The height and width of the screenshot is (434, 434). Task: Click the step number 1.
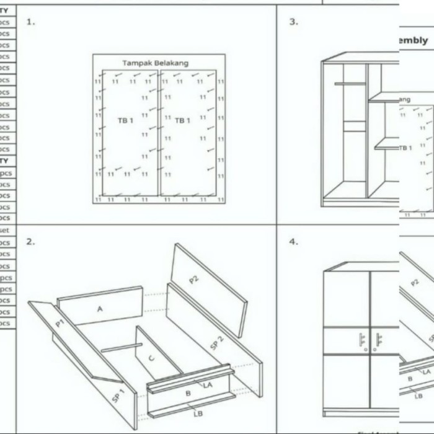[31, 22]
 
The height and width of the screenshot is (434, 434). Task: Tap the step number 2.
[31, 242]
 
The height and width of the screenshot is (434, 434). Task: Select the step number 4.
[293, 242]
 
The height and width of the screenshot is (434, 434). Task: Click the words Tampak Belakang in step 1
[155, 63]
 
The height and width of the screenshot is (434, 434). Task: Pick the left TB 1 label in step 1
[126, 120]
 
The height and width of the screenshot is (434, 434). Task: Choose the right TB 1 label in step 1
[182, 120]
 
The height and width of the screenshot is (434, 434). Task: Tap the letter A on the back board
[99, 308]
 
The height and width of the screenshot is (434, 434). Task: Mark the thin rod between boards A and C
[122, 348]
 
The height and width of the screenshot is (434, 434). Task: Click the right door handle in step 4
[378, 339]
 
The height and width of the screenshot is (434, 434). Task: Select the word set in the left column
[4, 230]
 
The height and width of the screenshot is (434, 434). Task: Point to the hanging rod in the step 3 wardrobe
[350, 84]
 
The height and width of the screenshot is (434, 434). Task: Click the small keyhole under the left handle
[366, 350]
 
